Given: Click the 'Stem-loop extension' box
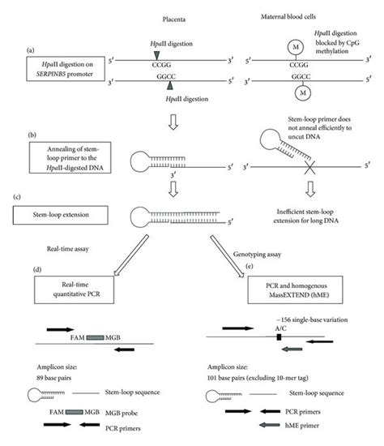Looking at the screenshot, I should click(56, 215).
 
